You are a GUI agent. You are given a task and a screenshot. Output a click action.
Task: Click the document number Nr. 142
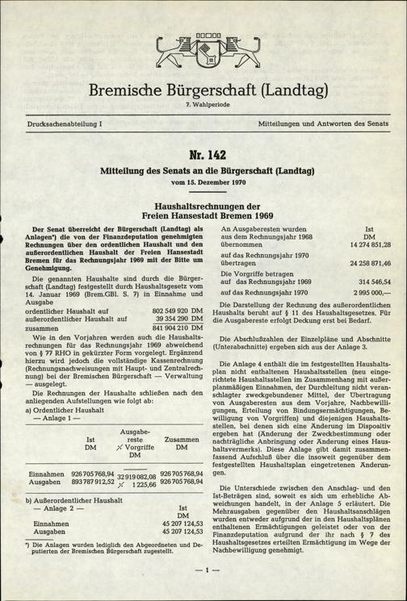[203, 154]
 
